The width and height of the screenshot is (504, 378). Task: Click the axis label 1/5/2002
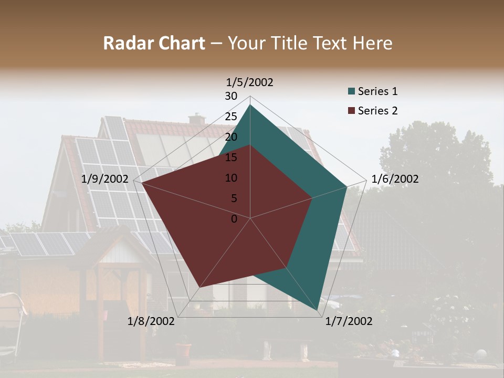(250, 82)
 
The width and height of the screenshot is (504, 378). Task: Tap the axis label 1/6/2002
(395, 179)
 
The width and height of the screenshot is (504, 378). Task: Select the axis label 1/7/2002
(349, 321)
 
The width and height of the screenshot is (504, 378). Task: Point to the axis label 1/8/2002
(151, 321)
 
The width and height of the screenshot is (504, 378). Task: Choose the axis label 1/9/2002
(105, 179)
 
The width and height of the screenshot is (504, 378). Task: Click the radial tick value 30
(231, 96)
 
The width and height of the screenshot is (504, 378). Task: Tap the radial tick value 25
(231, 117)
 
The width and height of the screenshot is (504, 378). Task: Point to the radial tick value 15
(231, 157)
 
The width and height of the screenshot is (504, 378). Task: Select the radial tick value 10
(231, 178)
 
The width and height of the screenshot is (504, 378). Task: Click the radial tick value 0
(234, 219)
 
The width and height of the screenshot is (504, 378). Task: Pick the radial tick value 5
(234, 198)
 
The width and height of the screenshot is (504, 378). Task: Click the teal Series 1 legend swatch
(351, 91)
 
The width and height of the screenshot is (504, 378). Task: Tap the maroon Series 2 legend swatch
(351, 111)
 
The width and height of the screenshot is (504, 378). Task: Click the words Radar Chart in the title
(154, 44)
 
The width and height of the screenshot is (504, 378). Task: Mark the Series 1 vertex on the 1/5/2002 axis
(250, 104)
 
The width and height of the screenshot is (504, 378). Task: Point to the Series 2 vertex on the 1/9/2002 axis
(142, 183)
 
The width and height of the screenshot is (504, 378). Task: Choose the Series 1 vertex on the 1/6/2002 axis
(346, 186)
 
